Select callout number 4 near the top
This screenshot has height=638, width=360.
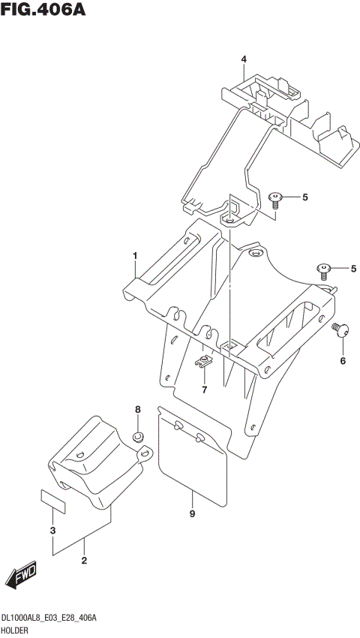(244, 59)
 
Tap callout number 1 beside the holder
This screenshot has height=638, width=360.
(136, 257)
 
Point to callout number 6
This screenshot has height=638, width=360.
(343, 361)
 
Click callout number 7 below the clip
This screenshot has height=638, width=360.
(203, 390)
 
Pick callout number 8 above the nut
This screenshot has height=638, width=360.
(137, 410)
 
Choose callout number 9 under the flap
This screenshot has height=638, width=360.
(192, 514)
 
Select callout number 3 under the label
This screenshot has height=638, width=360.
(52, 532)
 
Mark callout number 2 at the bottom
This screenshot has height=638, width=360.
(84, 561)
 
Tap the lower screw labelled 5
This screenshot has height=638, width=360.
(324, 269)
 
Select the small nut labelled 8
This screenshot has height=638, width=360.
(138, 437)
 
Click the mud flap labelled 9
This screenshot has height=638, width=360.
(193, 454)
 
